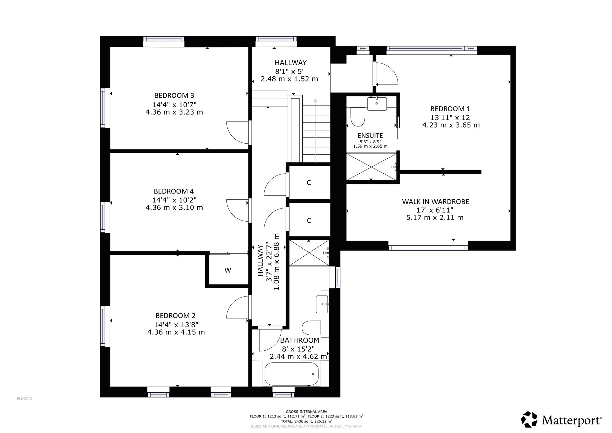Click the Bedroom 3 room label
point(174,96)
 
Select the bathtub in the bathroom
point(291,374)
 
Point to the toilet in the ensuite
point(357,117)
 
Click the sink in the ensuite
point(377,104)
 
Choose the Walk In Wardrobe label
point(435,202)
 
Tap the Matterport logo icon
point(529,419)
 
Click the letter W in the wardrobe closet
point(228,270)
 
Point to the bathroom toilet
point(311,328)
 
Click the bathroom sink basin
point(322,304)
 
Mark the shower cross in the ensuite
point(371,167)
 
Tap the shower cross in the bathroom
point(309,253)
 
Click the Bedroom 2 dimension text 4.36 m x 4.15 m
point(176,332)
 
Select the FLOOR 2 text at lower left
point(24,399)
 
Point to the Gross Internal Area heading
point(306,412)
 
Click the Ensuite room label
point(370,135)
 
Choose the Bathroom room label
point(300,340)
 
